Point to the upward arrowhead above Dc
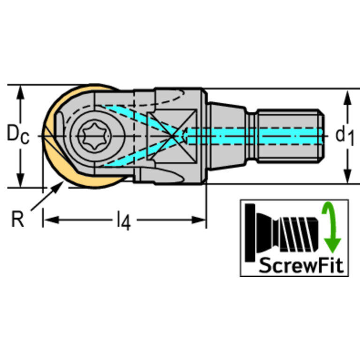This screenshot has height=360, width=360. [x=20, y=94]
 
